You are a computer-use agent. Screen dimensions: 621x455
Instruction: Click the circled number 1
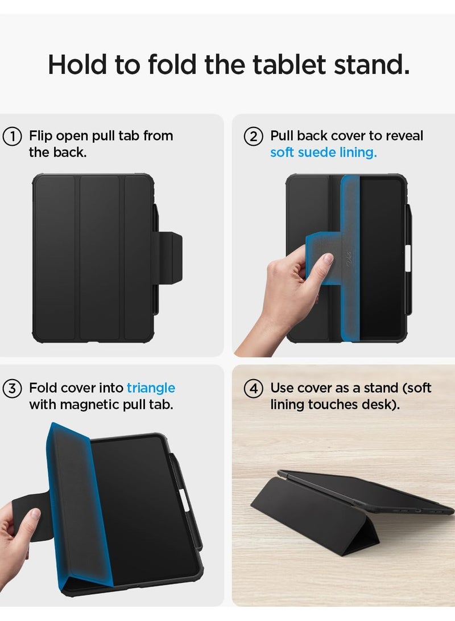tap(12, 137)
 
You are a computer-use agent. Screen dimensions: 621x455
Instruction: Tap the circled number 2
tap(253, 137)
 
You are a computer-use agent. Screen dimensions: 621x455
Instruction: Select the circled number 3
tap(12, 389)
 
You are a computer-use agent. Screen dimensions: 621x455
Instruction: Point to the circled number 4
tap(253, 389)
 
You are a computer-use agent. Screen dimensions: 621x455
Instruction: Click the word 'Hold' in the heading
tap(78, 65)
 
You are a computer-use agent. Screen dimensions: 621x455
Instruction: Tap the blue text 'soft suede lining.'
tap(323, 153)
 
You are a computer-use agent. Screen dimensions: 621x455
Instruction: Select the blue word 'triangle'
tap(151, 388)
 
